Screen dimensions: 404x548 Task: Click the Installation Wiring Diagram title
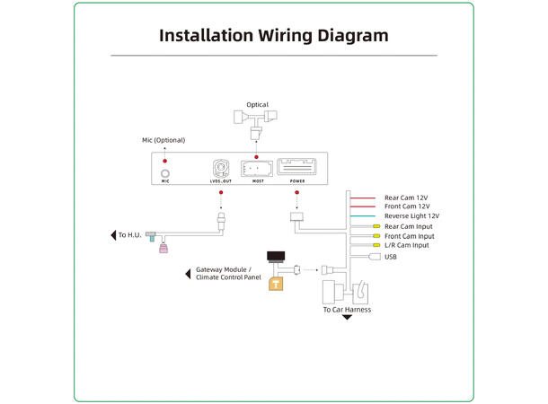(273, 36)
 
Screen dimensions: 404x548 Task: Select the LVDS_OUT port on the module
(221, 168)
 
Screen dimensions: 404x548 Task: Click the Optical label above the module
(257, 105)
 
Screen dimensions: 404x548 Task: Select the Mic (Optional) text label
(164, 141)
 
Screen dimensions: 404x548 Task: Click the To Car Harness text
(347, 310)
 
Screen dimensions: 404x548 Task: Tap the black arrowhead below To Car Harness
(347, 318)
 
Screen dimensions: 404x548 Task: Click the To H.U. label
(130, 236)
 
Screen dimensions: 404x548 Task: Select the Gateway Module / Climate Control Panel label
(225, 274)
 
